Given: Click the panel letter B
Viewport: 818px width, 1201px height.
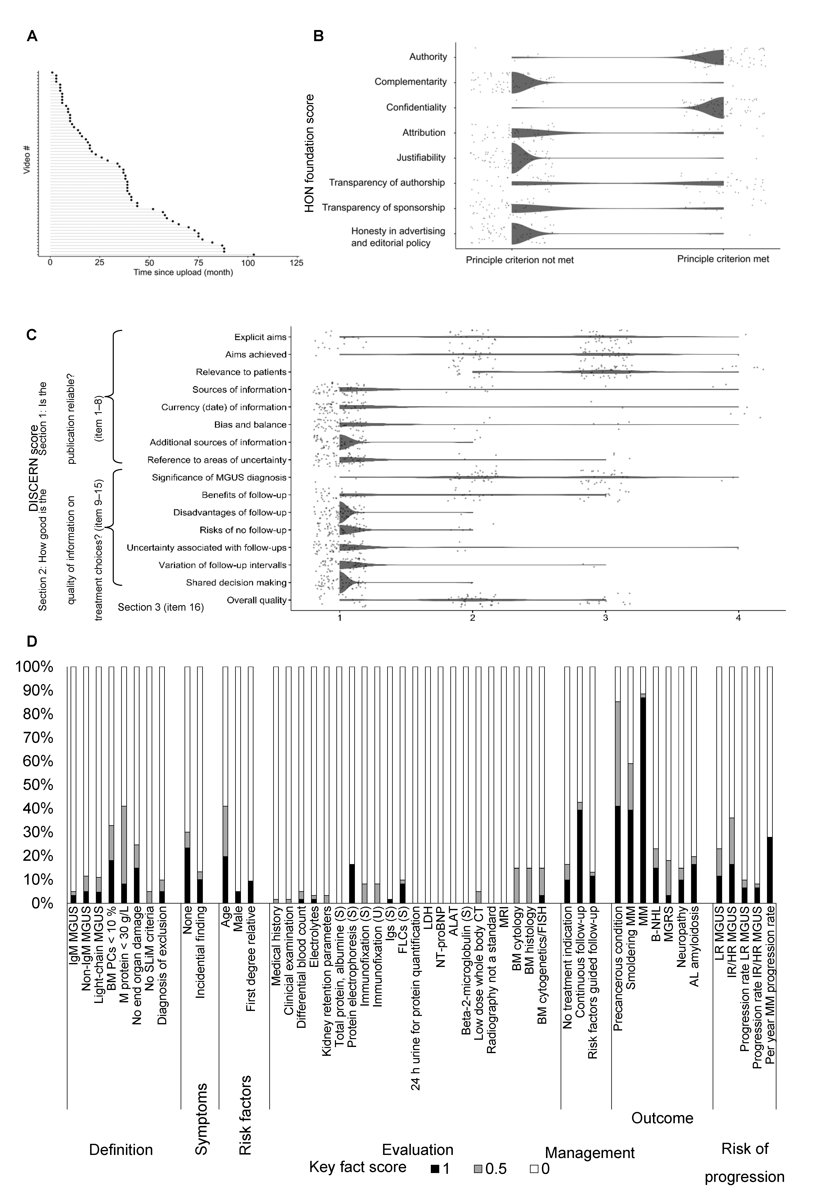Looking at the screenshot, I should tap(319, 36).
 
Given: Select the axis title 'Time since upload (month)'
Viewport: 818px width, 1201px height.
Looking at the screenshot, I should tap(183, 272).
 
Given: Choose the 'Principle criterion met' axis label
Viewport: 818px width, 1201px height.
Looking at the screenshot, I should tap(723, 259).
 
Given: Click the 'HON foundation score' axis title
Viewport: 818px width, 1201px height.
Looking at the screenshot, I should tap(309, 153).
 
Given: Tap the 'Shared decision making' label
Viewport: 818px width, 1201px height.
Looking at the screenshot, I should tap(236, 583).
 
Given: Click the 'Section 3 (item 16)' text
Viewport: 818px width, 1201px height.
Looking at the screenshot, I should tap(161, 607).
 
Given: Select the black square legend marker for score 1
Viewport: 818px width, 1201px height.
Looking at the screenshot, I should tap(435, 1167).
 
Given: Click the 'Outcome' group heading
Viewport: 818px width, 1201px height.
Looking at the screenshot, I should tap(662, 1118).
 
